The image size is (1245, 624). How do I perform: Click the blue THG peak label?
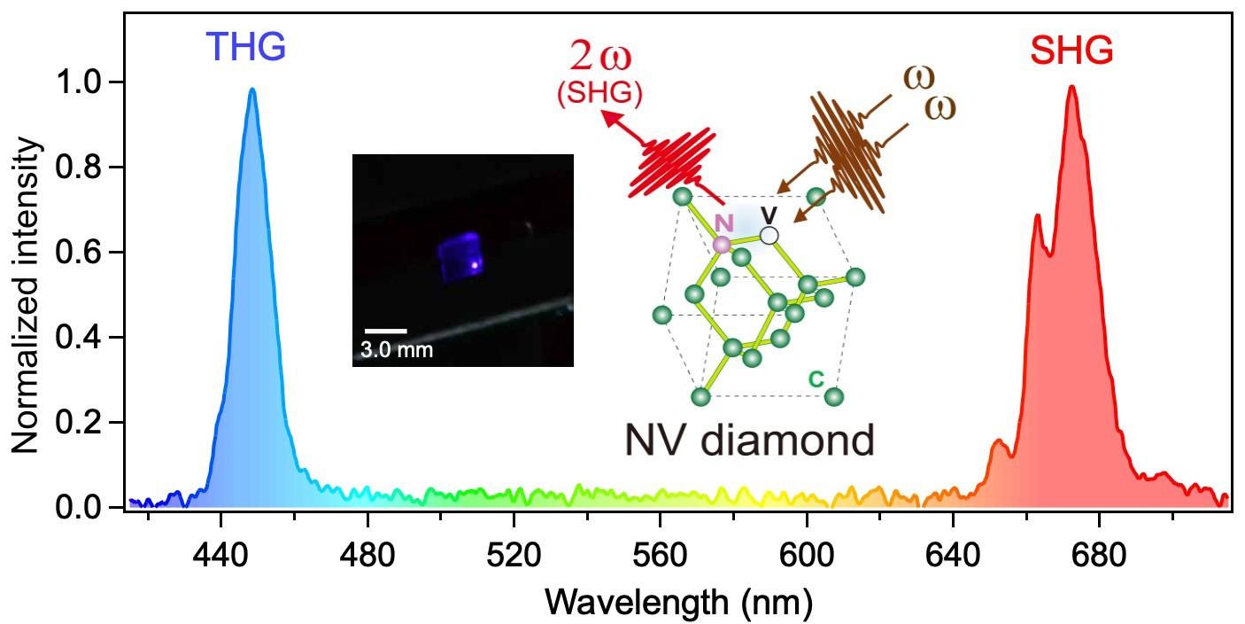pos(246,47)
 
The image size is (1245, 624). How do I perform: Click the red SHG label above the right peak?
pos(1071,53)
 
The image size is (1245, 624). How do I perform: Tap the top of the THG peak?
pos(252,90)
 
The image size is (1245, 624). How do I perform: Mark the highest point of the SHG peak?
pos(1072,87)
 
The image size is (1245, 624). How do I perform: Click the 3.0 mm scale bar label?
pos(396,349)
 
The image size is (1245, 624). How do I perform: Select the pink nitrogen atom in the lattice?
pos(723,244)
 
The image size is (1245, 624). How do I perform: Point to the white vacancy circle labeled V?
pos(769,235)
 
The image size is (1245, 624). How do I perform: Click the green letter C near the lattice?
pos(816,378)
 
